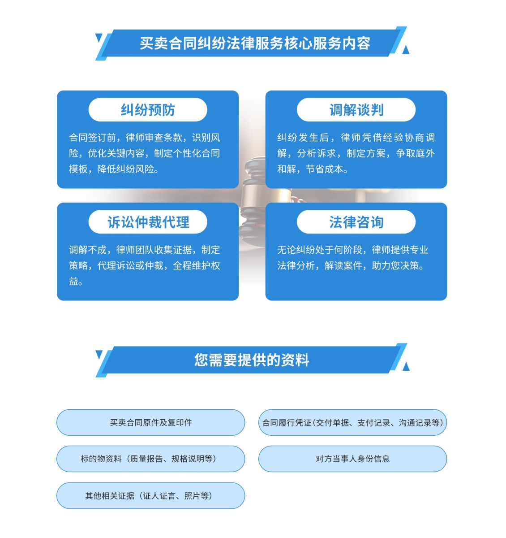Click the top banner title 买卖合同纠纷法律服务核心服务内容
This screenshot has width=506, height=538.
(x=255, y=43)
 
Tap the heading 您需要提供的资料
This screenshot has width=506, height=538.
(x=252, y=360)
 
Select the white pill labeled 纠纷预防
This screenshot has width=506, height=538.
(x=148, y=110)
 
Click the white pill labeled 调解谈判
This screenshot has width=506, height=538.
(x=356, y=110)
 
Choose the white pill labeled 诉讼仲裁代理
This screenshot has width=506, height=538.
(x=148, y=222)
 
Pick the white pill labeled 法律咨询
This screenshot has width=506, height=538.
(x=356, y=222)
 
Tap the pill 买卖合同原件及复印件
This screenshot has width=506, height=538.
(x=151, y=422)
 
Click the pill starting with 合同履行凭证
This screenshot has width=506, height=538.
(x=352, y=422)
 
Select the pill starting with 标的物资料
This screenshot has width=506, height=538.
(x=151, y=459)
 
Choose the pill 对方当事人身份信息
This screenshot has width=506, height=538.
(x=352, y=459)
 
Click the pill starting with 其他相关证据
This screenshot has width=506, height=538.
(x=151, y=496)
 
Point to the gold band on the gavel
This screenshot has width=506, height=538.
(x=254, y=195)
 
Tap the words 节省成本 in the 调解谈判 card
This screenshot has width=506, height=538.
(x=325, y=169)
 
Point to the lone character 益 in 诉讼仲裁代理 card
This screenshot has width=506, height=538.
(x=73, y=282)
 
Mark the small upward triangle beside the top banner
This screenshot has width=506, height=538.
(x=406, y=50)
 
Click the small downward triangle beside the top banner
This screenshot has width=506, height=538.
(x=99, y=38)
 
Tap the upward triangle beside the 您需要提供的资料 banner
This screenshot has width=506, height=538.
(x=406, y=366)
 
